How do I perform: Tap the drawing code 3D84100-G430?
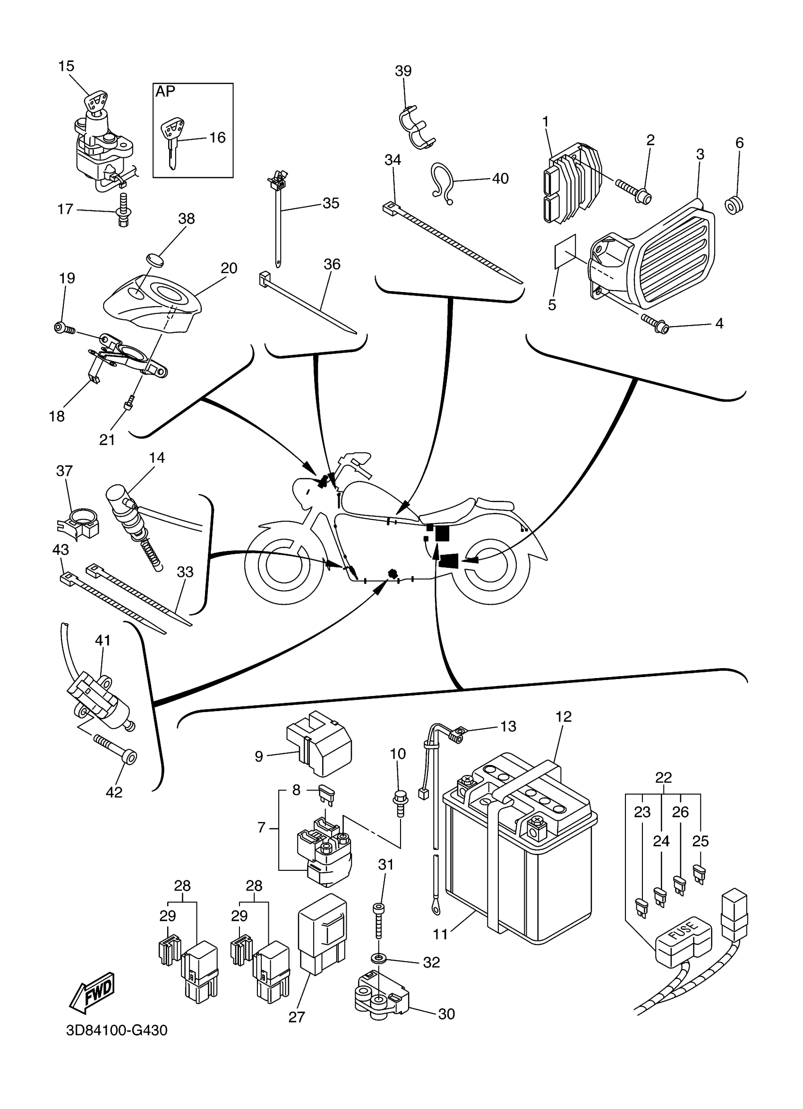[x=117, y=1044]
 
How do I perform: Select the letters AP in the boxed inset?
[x=165, y=92]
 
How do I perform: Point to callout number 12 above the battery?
[x=564, y=717]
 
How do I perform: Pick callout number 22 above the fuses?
[x=663, y=777]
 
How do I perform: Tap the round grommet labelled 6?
[x=734, y=206]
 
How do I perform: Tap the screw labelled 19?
[x=64, y=328]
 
